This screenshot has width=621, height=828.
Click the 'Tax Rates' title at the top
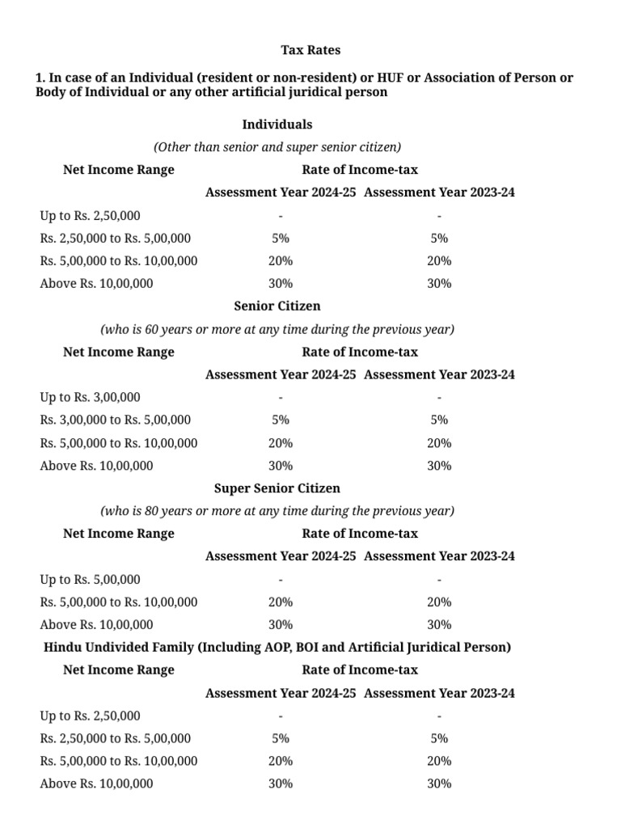pos(310,50)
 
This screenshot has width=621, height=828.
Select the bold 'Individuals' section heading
pos(277,125)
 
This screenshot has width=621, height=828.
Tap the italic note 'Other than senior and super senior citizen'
pos(277,147)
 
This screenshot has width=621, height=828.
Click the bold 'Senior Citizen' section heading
pos(277,306)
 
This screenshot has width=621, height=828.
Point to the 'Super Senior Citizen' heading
pos(277,488)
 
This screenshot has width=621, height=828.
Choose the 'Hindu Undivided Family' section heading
pos(277,647)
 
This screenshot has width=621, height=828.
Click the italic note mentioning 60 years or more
pos(277,330)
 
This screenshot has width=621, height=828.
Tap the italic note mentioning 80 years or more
pos(277,511)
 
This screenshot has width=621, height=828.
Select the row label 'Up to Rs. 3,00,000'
pos(90,397)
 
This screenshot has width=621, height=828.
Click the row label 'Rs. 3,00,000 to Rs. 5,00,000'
pos(116,420)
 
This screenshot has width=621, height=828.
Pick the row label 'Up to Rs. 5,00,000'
pos(90,579)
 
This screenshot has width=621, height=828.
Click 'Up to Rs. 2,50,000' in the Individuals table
pos(90,215)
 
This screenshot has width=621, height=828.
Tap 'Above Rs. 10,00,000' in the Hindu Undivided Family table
pos(96,784)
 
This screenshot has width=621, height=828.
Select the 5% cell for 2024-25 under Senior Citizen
pos(281,420)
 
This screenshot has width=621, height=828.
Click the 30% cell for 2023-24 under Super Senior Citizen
pos(439,624)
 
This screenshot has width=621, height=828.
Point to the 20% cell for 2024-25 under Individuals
pos(281,261)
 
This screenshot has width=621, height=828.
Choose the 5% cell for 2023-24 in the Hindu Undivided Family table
pos(439,738)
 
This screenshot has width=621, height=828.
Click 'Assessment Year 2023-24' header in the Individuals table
pos(439,192)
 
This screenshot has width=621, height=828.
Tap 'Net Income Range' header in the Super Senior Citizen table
pos(119,534)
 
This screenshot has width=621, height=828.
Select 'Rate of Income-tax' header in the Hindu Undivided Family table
pos(360,670)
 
